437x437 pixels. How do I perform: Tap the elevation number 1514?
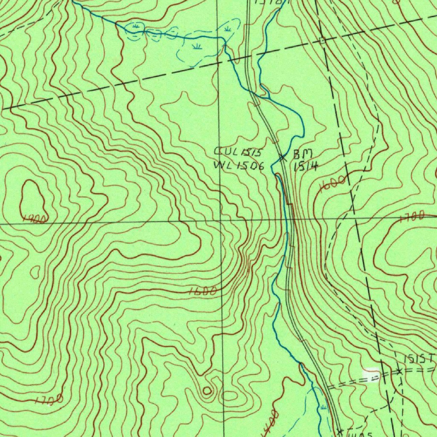(306, 166)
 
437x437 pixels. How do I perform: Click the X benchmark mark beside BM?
(283, 157)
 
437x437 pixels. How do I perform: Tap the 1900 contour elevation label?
(35, 219)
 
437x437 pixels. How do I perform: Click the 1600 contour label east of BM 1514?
(332, 184)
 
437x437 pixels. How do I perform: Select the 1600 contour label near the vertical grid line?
(203, 291)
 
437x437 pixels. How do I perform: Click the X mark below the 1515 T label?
(399, 371)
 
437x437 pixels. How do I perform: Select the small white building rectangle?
(370, 374)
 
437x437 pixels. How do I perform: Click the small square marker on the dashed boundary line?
(322, 41)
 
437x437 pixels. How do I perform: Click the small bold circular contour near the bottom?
(207, 390)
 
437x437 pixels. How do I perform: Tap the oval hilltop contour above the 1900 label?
(33, 197)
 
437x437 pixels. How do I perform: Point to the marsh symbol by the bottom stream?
(323, 407)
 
